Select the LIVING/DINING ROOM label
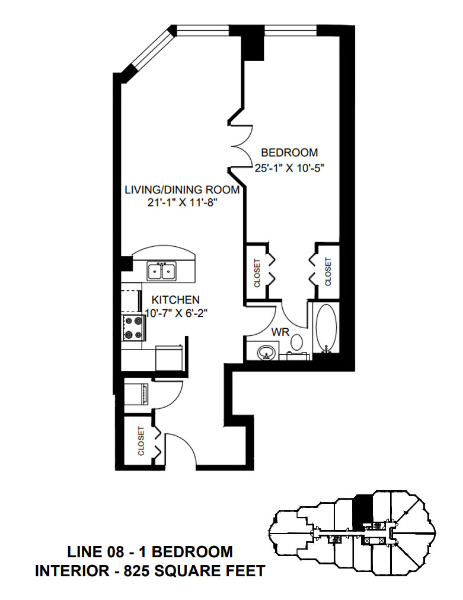pos(181,190)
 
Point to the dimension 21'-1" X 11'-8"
pos(181,203)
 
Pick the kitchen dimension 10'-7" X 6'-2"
pos(176,313)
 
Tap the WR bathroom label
pos(280,332)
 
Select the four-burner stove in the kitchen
pos(133,328)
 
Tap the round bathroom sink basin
pos(264,352)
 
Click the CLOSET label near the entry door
pos(141,441)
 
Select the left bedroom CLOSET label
pos(257,272)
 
